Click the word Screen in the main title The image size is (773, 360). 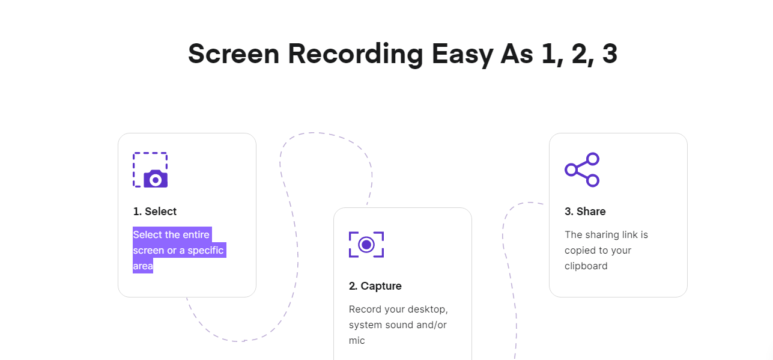tap(233, 54)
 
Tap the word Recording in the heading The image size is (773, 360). tap(356, 54)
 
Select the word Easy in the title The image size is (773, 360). tap(462, 54)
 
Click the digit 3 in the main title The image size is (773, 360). tap(609, 54)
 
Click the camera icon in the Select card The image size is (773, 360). tap(156, 179)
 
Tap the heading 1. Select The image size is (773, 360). tap(155, 212)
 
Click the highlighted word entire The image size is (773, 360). tap(196, 235)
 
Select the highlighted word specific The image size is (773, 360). tap(205, 251)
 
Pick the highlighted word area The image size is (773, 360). tap(143, 266)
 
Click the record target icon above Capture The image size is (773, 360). tap(366, 245)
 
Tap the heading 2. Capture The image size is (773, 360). tap(375, 286)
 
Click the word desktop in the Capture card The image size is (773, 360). tap(429, 310)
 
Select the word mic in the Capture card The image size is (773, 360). tap(357, 341)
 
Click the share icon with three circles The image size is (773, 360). tap(582, 169)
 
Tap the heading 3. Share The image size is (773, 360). tap(585, 212)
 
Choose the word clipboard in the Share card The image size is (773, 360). tap(586, 266)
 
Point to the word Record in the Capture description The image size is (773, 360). tap(365, 310)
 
